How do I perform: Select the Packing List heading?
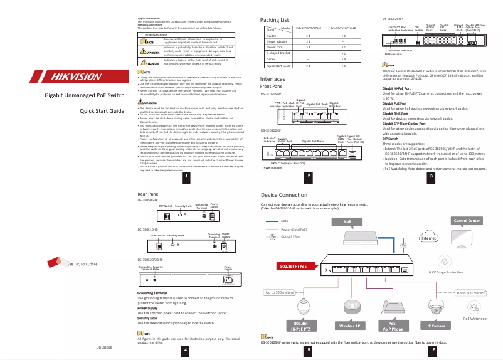pyautogui.click(x=274, y=21)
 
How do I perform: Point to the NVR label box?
pyautogui.click(x=347, y=222)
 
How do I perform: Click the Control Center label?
pyautogui.click(x=467, y=221)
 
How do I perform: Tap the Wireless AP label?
pyautogui.click(x=349, y=326)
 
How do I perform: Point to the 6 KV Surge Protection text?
pyautogui.click(x=446, y=273)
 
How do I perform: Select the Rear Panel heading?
pyautogui.click(x=150, y=195)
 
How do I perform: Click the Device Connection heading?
pyautogui.click(x=283, y=196)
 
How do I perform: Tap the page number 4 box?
pyautogui.click(x=184, y=349)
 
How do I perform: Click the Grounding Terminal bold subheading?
pyautogui.click(x=152, y=293)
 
